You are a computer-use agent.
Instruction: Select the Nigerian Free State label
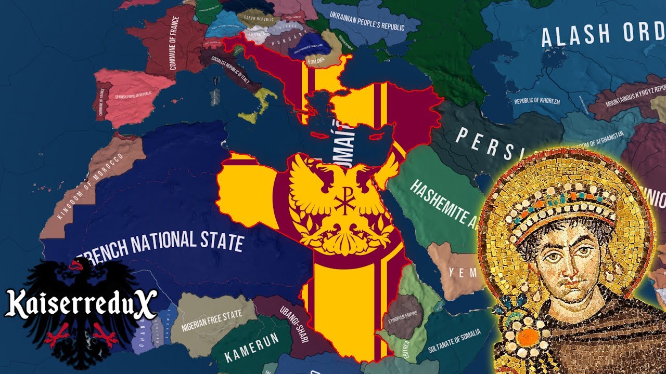[x=212, y=321]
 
